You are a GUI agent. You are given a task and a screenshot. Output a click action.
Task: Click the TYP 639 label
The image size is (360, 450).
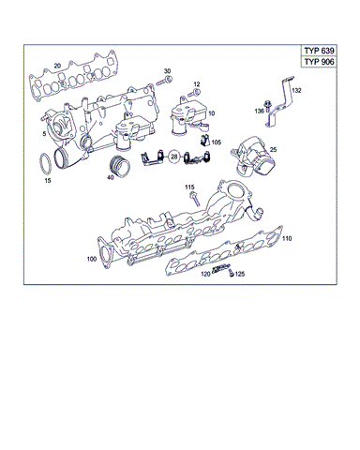320,50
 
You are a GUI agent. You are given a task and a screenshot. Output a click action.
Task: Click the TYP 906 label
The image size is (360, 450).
320,62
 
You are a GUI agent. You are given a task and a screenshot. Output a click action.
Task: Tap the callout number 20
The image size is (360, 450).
57,66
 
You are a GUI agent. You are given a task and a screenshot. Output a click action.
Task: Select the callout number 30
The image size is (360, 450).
168,71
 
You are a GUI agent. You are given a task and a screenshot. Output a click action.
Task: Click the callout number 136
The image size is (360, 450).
260,112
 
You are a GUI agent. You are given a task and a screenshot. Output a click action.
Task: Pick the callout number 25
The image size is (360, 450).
273,149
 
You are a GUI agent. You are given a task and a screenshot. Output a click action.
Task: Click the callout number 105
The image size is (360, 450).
217,143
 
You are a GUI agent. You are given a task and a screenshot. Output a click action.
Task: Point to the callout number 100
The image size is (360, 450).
91,258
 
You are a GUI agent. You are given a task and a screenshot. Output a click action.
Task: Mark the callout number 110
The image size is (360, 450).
286,240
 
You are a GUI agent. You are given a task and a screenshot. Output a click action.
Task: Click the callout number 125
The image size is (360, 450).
240,275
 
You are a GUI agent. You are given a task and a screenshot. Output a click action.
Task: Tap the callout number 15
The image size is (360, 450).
49,181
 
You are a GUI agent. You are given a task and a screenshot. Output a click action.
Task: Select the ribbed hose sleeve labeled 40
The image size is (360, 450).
120,168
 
